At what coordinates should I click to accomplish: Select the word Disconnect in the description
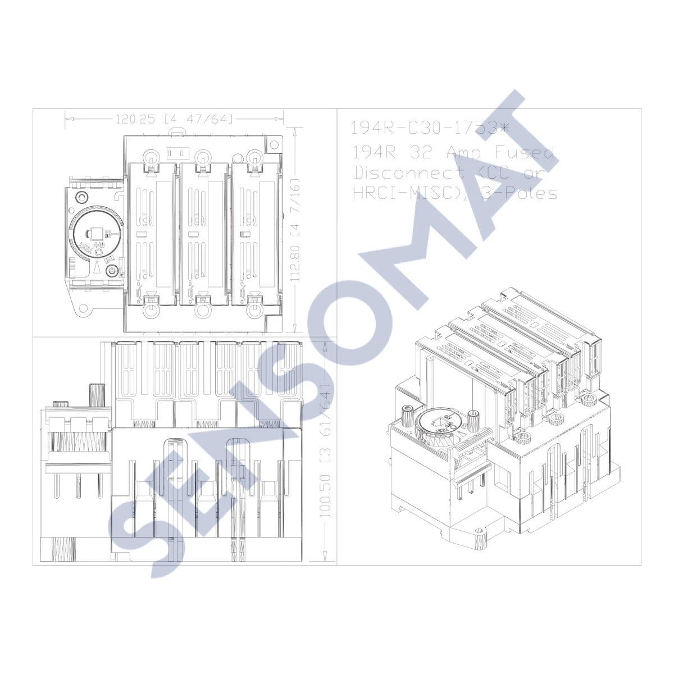point(408,172)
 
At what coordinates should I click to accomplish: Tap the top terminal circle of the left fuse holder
point(151,157)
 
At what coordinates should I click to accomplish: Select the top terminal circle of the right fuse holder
point(254,157)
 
